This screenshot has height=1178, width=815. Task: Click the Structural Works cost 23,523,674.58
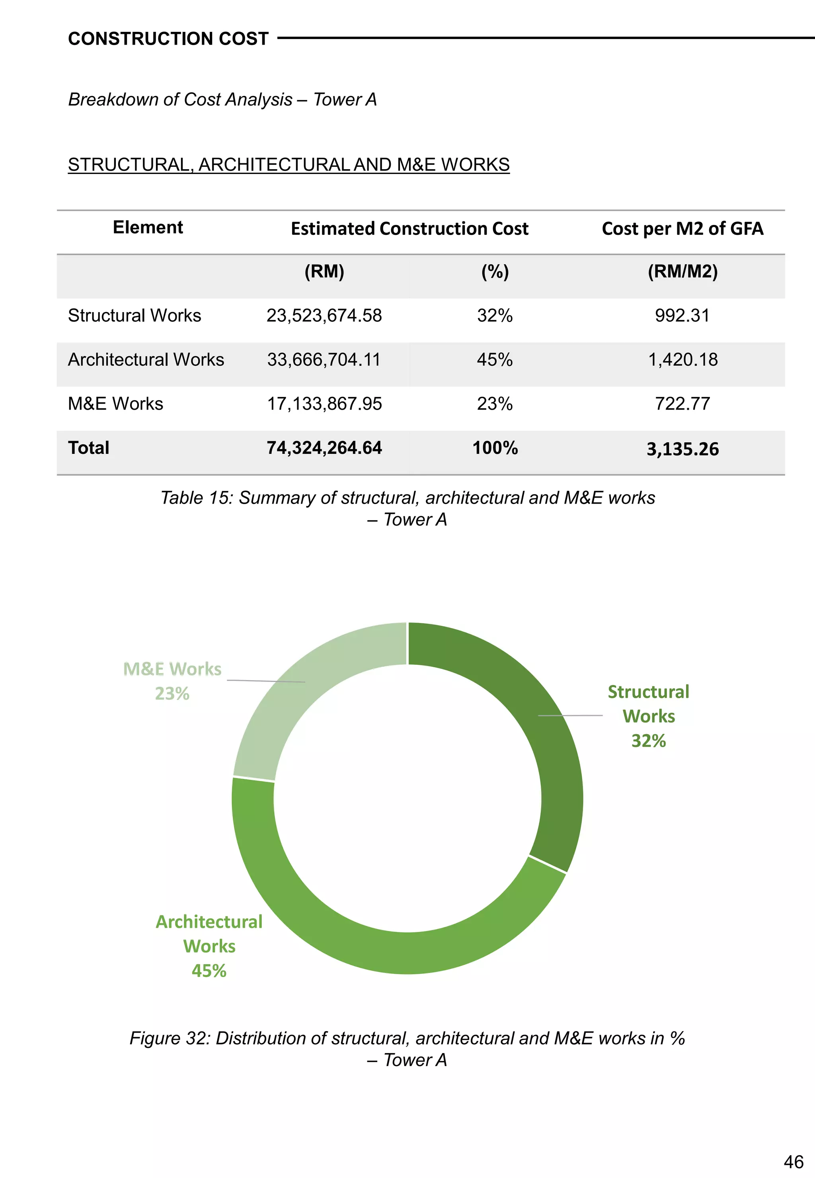[324, 316]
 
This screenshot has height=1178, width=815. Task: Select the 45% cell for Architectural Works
[494, 359]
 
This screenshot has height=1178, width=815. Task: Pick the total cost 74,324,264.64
[324, 448]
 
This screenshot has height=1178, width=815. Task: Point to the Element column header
[148, 227]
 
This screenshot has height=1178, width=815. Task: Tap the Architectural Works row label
[146, 359]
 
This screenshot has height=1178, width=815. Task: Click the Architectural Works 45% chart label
[209, 946]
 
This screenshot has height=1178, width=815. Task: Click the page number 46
[793, 1162]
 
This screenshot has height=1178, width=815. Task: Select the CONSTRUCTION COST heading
[168, 39]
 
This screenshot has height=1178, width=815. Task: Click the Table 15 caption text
[407, 508]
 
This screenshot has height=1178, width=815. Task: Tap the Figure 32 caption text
[407, 1049]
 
